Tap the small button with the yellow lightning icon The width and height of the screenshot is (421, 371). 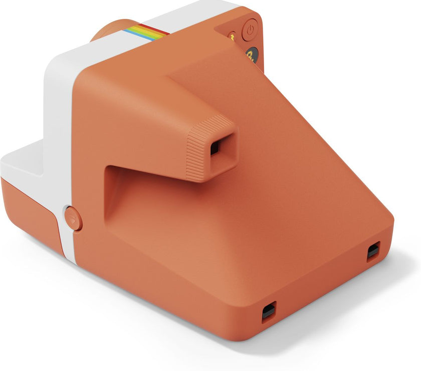[232, 36]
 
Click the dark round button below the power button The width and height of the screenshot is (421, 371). [252, 55]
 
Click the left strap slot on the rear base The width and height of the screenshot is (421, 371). [269, 311]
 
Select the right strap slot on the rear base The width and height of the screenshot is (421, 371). [373, 251]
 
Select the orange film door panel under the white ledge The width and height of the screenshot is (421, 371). [30, 211]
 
